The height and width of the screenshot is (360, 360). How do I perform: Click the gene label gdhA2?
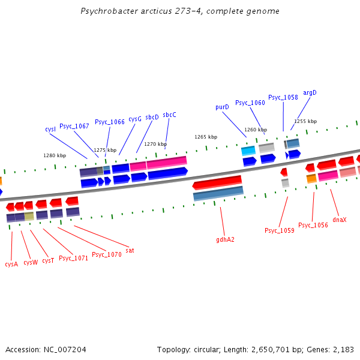click(225, 239)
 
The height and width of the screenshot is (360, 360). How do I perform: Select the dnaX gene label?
click(340, 220)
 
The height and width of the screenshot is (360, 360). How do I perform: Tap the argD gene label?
click(310, 92)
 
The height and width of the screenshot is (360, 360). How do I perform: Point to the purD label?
click(222, 107)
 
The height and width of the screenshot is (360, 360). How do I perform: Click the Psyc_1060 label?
click(250, 103)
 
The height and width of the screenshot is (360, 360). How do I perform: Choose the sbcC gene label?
click(169, 115)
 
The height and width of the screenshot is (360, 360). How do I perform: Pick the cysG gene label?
click(135, 119)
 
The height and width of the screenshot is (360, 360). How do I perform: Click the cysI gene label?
click(50, 129)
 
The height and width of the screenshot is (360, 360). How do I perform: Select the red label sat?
click(130, 250)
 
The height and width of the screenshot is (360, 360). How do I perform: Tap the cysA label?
click(11, 263)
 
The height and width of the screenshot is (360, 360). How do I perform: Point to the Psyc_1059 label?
click(280, 230)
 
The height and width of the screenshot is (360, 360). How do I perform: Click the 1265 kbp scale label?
click(206, 137)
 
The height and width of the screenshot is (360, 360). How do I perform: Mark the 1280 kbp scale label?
click(55, 155)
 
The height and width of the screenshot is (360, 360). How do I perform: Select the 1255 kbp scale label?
click(305, 121)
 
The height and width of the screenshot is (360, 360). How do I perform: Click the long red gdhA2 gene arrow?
click(217, 182)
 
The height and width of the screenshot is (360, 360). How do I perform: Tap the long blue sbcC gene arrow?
click(167, 173)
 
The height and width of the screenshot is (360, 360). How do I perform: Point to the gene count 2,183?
click(343, 349)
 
